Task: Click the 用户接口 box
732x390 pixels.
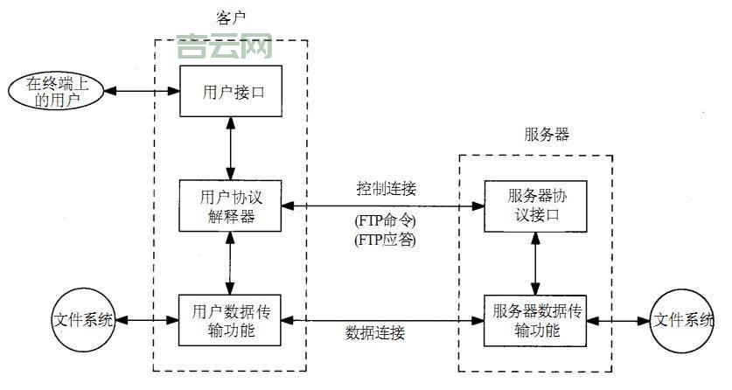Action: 232,90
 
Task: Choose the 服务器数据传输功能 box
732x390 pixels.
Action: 535,320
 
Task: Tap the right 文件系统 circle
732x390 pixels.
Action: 685,320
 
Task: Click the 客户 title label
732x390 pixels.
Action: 231,17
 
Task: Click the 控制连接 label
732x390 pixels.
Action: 386,189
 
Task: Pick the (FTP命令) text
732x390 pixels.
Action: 385,220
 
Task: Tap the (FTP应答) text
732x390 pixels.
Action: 385,239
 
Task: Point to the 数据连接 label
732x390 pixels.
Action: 375,333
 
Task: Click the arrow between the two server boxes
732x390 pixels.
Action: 535,263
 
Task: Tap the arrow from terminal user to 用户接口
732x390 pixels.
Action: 141,91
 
